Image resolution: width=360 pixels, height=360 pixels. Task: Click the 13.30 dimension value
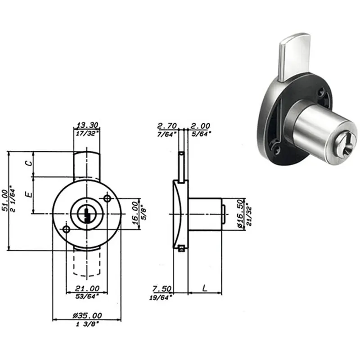87,125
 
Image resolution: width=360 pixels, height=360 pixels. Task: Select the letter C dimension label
29,163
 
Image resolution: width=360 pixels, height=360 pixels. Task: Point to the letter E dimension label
29,195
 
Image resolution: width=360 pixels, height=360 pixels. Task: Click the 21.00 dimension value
87,288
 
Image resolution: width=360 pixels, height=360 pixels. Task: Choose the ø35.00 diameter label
87,315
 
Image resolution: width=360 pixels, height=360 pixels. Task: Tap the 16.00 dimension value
135,213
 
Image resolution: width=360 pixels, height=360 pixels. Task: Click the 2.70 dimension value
167,126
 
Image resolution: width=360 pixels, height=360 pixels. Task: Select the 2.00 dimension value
200,126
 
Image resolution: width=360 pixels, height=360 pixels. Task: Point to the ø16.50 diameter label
239,213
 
